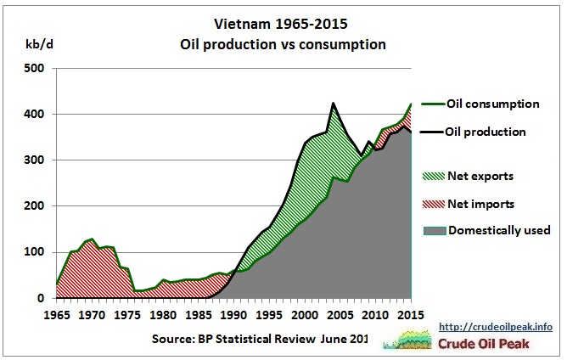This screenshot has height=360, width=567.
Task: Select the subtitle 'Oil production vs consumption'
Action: tap(283, 43)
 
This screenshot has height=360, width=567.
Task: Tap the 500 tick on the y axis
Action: tap(34, 68)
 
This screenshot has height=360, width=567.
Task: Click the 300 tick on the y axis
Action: tap(34, 160)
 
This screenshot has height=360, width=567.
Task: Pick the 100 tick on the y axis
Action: tap(34, 252)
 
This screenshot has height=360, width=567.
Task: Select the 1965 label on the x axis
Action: tap(57, 314)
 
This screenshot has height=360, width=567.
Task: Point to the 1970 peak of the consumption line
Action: tap(92, 239)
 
